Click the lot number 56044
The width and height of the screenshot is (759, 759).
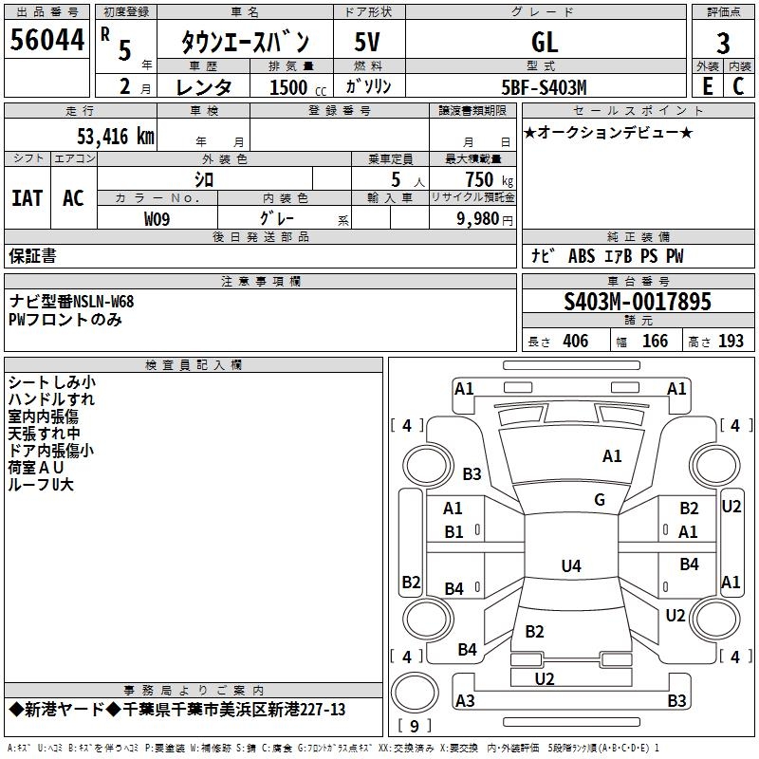[46, 40]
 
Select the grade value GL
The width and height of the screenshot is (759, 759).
[545, 42]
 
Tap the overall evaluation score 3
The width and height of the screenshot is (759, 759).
[723, 44]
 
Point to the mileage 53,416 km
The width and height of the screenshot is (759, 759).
[116, 137]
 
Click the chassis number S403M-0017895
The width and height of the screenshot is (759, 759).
[638, 302]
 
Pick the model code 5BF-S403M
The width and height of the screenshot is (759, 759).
[544, 87]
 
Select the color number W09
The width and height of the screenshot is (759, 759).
[157, 219]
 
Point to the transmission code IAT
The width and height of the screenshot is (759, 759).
[28, 198]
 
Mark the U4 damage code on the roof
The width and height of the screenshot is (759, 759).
[571, 565]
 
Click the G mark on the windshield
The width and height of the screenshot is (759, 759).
[600, 499]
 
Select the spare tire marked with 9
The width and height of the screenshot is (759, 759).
[415, 694]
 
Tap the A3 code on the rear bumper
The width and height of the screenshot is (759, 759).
[465, 700]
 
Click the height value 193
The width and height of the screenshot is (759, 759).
[731, 341]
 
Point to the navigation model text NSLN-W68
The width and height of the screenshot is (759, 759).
[103, 302]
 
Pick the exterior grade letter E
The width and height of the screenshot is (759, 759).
[707, 86]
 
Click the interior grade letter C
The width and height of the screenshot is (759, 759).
[738, 86]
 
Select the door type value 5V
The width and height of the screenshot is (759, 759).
[367, 42]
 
